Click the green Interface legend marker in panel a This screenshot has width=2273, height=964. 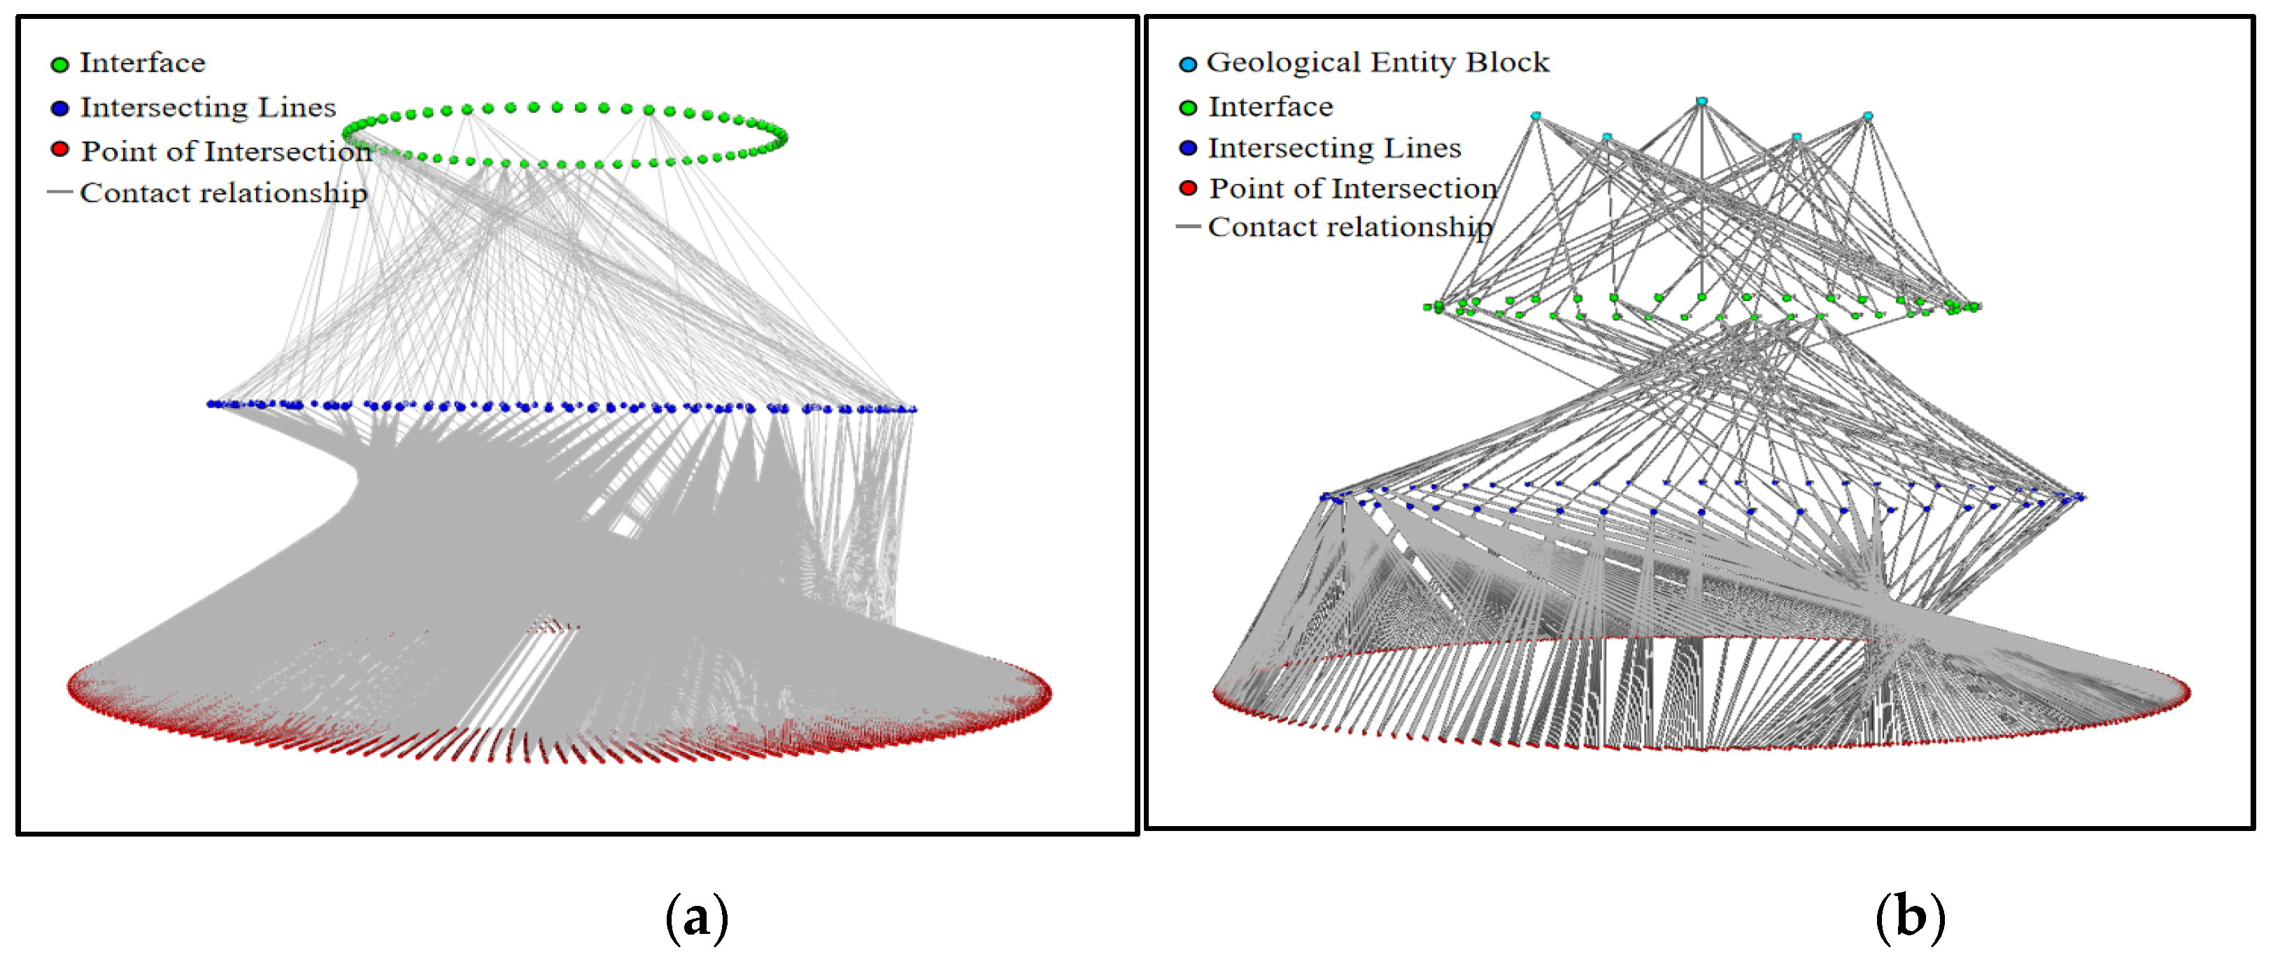coord(60,64)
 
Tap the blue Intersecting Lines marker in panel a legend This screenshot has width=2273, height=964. coord(60,109)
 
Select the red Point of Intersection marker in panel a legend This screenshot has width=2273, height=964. coord(60,149)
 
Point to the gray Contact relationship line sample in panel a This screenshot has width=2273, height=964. coord(60,192)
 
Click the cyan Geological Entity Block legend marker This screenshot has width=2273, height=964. coord(1188,64)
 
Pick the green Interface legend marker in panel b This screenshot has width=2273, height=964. coord(1188,108)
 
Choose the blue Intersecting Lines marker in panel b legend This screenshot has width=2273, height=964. coord(1188,148)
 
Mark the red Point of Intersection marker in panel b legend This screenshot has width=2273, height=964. coord(1188,188)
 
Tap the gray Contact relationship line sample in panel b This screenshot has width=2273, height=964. coord(1188,227)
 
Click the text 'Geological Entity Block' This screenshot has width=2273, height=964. coord(1377,63)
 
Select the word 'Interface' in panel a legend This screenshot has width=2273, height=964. coord(142,64)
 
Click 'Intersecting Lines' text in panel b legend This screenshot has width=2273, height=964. coord(1333,148)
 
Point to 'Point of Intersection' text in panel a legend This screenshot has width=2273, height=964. coord(226,152)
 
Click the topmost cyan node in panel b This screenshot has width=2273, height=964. coord(1701,102)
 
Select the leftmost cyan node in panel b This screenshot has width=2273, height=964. coord(1536,116)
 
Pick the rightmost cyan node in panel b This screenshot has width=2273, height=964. coord(1867,116)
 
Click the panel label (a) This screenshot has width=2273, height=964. coord(696,918)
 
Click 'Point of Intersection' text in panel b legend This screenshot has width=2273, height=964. coord(1353,189)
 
